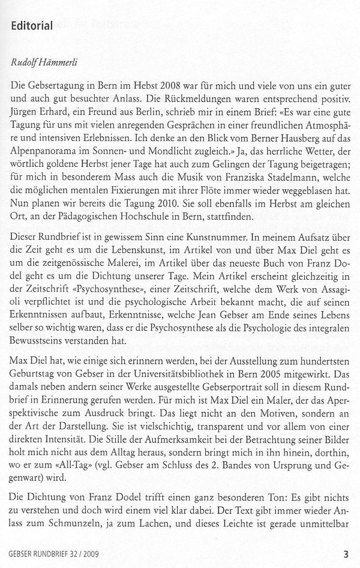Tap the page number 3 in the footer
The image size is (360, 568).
click(x=346, y=554)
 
